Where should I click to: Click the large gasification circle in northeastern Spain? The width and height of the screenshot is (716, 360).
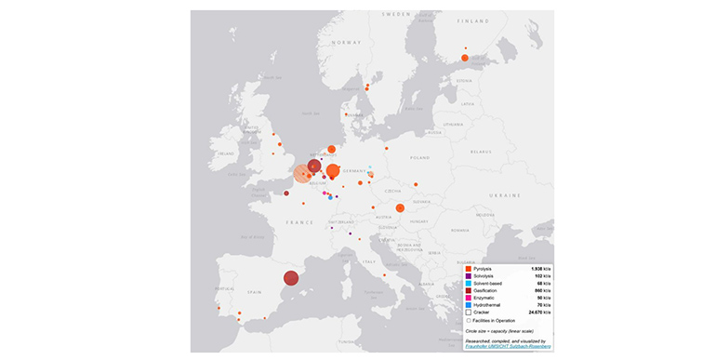tap(290, 277)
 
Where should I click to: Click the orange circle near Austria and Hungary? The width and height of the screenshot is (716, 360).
tap(400, 208)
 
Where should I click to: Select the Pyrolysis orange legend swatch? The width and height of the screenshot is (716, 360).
tap(468, 269)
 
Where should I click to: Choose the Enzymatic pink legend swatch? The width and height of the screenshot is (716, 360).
tap(468, 298)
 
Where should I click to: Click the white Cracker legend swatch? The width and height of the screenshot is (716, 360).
tap(468, 313)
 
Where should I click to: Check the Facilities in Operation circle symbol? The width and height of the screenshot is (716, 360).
tap(468, 320)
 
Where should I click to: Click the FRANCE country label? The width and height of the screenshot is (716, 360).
tap(298, 223)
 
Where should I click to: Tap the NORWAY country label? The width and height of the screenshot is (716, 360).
tap(347, 44)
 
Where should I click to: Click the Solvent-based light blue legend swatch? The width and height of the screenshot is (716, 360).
tap(468, 284)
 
